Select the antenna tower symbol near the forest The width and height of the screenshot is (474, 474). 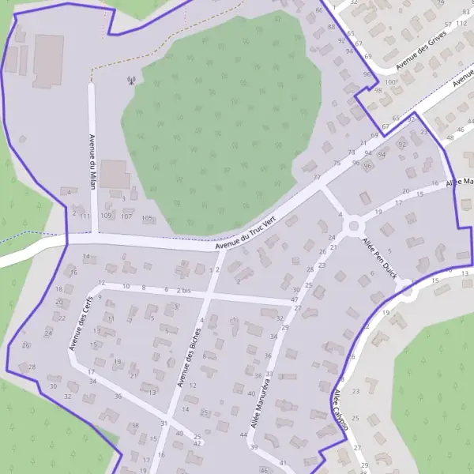(130, 79)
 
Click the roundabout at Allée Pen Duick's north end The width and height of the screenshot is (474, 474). (353, 227)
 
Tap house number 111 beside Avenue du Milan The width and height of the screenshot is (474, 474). (85, 216)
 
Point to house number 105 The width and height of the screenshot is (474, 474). (147, 218)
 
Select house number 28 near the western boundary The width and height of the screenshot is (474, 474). (32, 367)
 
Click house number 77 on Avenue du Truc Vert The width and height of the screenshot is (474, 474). (317, 178)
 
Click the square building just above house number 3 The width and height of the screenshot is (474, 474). (115, 174)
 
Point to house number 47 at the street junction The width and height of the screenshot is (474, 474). (295, 299)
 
